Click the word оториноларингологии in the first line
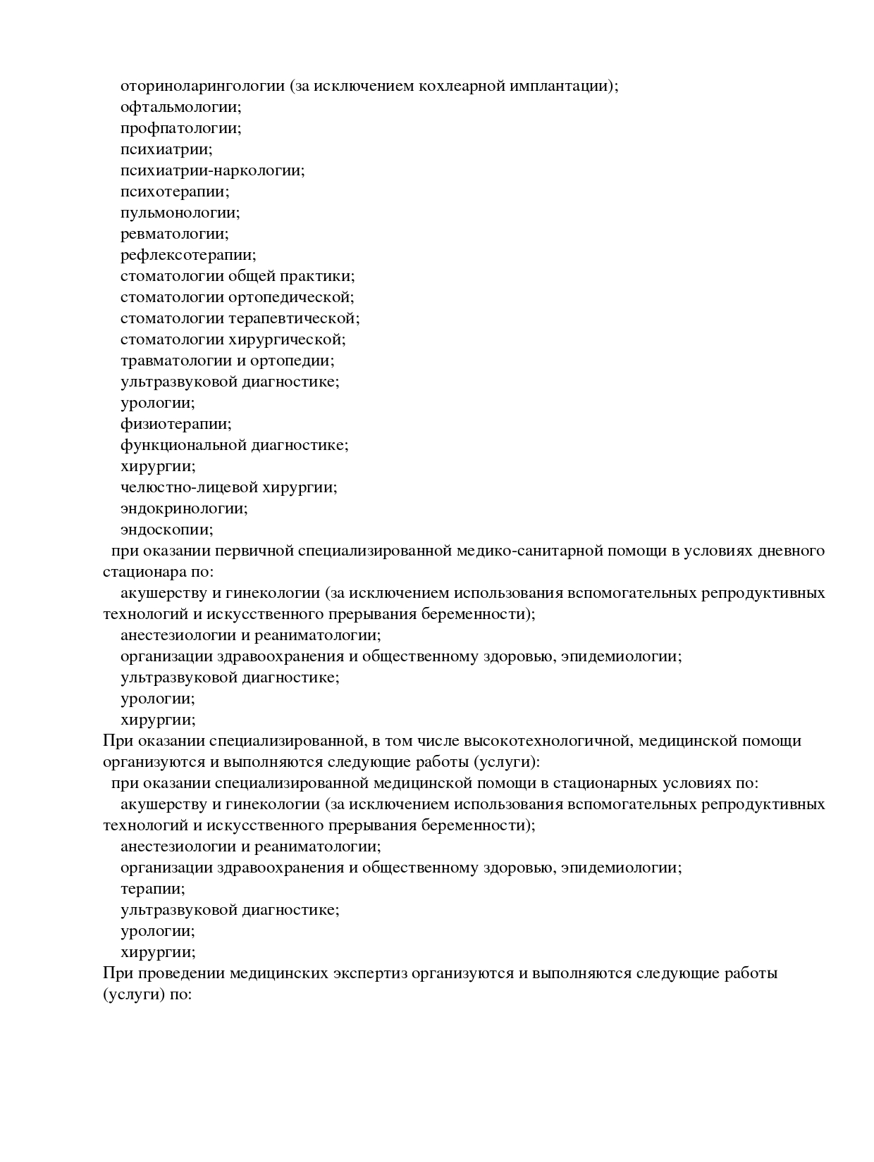click(202, 86)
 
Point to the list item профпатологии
click(180, 128)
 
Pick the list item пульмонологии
click(180, 213)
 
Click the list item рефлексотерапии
click(188, 255)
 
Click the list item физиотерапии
click(176, 424)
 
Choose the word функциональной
click(183, 445)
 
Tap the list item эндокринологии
click(184, 508)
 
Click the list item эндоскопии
click(166, 530)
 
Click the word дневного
click(788, 551)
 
